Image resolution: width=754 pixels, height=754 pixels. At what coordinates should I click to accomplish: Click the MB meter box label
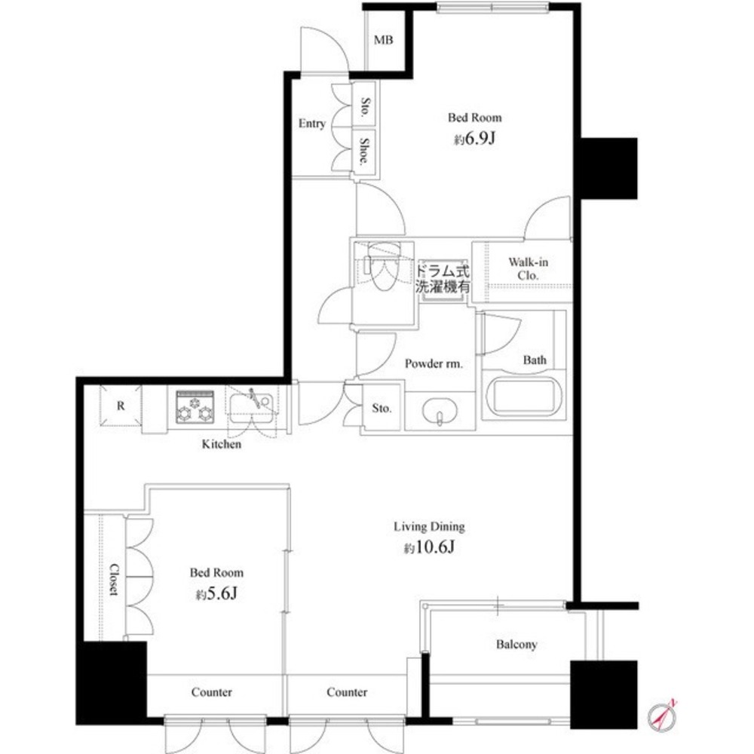[383, 40]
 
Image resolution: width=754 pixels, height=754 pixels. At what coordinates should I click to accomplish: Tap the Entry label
[312, 124]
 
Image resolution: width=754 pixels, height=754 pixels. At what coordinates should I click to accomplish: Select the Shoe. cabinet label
[365, 151]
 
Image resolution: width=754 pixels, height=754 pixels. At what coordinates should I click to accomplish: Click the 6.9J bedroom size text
[474, 139]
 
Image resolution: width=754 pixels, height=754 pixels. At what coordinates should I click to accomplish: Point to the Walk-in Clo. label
[528, 269]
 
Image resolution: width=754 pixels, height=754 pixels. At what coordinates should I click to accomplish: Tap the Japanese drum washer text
[443, 278]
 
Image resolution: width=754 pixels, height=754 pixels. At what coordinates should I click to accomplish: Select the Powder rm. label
[434, 363]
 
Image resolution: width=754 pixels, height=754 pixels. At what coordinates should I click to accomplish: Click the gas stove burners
[195, 407]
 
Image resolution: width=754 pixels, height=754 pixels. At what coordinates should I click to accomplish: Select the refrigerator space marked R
[121, 406]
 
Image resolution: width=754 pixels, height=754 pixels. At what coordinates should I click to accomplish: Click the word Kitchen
[221, 444]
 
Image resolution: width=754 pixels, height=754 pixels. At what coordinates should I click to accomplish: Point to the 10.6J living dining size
[430, 547]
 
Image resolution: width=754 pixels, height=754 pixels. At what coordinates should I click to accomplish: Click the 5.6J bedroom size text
[216, 594]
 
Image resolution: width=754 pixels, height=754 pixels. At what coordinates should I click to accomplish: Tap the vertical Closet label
[114, 580]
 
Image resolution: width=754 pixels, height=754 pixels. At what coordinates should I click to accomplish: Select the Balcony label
[516, 645]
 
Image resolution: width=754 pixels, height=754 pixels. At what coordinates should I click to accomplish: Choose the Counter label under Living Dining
[347, 692]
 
